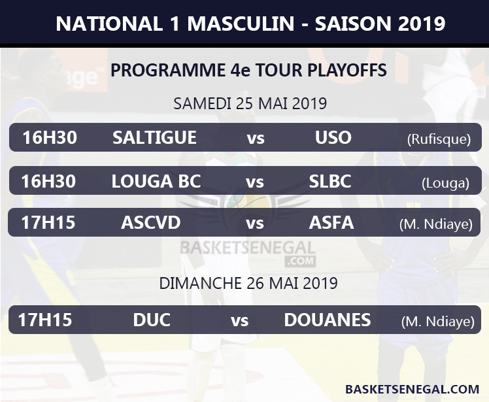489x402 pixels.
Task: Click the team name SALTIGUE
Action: (x=154, y=138)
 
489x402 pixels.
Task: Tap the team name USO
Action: (x=333, y=138)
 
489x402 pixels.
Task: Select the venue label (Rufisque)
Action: (x=439, y=139)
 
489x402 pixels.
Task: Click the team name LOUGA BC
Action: (x=156, y=181)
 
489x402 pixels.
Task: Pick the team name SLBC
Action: (x=330, y=181)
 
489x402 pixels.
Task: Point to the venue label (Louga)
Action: (x=445, y=183)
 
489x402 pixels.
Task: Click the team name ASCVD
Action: (x=150, y=223)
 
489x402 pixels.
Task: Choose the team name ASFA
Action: (x=331, y=223)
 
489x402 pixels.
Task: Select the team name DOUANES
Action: (x=328, y=320)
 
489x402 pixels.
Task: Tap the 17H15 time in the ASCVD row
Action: (x=48, y=223)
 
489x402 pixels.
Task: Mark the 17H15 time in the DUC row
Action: (x=44, y=320)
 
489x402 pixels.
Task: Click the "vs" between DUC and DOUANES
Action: (x=239, y=320)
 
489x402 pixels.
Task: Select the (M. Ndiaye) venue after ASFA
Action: (x=435, y=225)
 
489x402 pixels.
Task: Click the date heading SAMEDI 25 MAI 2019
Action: (x=250, y=103)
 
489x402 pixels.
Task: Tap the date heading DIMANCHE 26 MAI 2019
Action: (x=248, y=283)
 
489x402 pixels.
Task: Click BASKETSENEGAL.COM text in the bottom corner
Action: (x=412, y=389)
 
